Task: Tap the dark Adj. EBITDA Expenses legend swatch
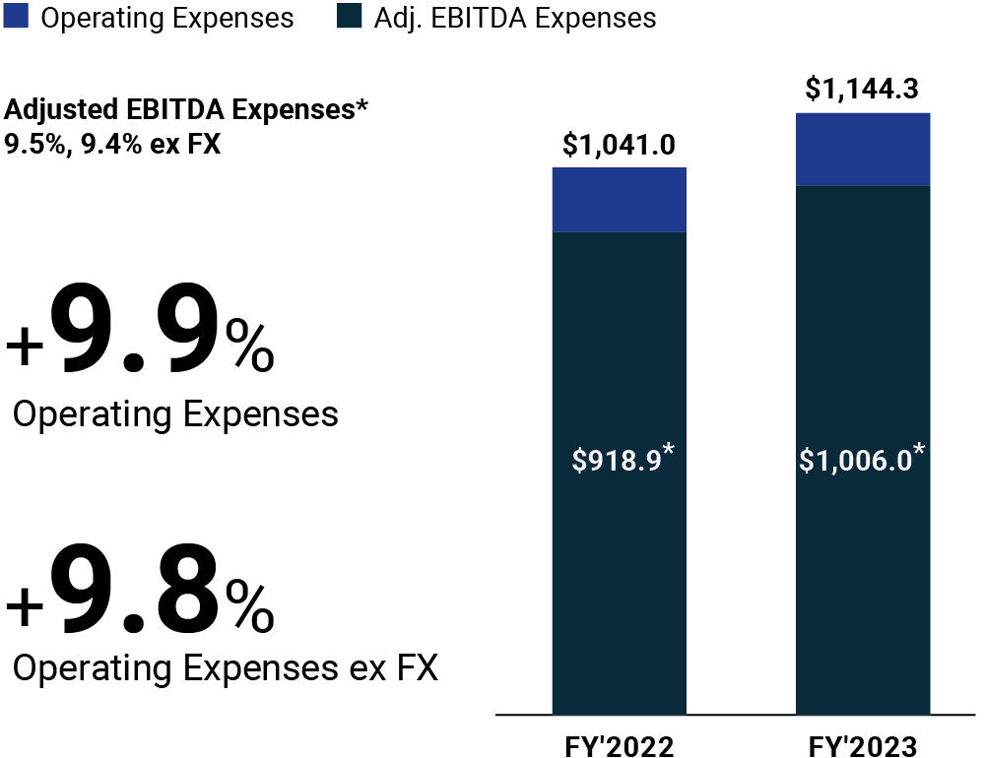(x=349, y=18)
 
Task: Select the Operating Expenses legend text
(x=167, y=18)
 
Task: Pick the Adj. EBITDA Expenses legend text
(x=515, y=18)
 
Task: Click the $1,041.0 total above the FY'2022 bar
(x=619, y=146)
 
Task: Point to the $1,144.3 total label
(x=862, y=90)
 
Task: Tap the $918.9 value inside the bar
(x=617, y=461)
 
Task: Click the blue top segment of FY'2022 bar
(x=619, y=200)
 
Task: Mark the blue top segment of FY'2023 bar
(x=862, y=150)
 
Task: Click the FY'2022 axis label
(x=619, y=746)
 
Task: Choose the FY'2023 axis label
(x=862, y=746)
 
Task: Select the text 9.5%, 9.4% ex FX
(x=113, y=143)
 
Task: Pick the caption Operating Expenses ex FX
(x=226, y=669)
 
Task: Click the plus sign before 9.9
(x=25, y=349)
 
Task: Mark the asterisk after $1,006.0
(x=919, y=451)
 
